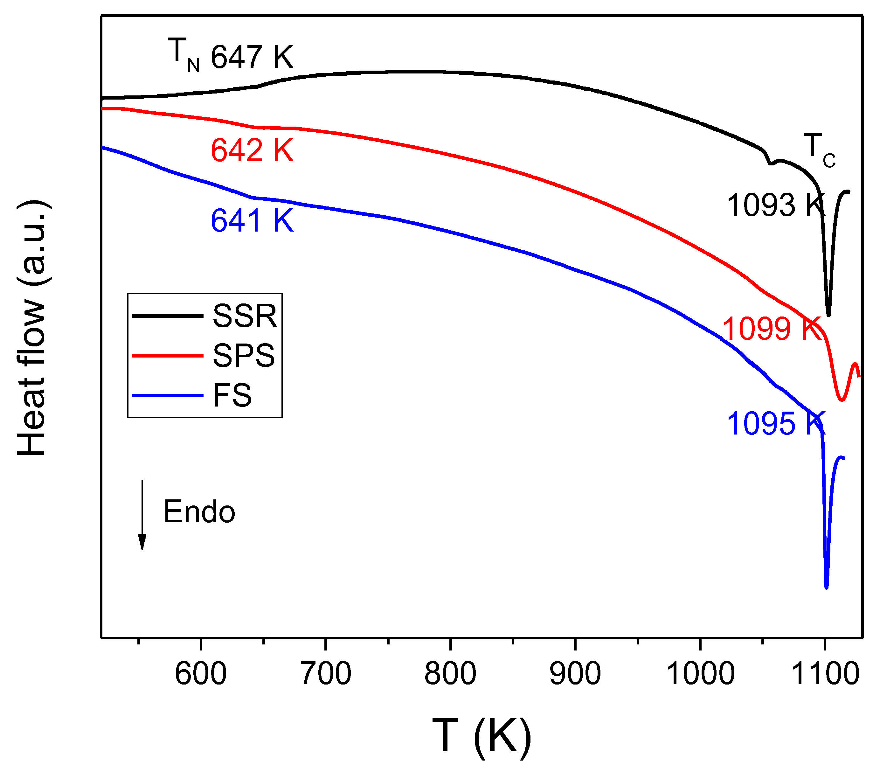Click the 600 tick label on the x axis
[201, 674]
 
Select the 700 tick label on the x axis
[326, 674]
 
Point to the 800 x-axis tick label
[451, 674]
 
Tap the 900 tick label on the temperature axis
[575, 674]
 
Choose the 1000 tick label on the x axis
[700, 674]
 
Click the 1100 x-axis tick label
[825, 674]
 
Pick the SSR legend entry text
[245, 316]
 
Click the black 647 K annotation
[252, 57]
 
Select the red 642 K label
[252, 150]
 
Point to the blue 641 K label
[252, 221]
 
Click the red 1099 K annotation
[771, 329]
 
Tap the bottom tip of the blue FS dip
[827, 588]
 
